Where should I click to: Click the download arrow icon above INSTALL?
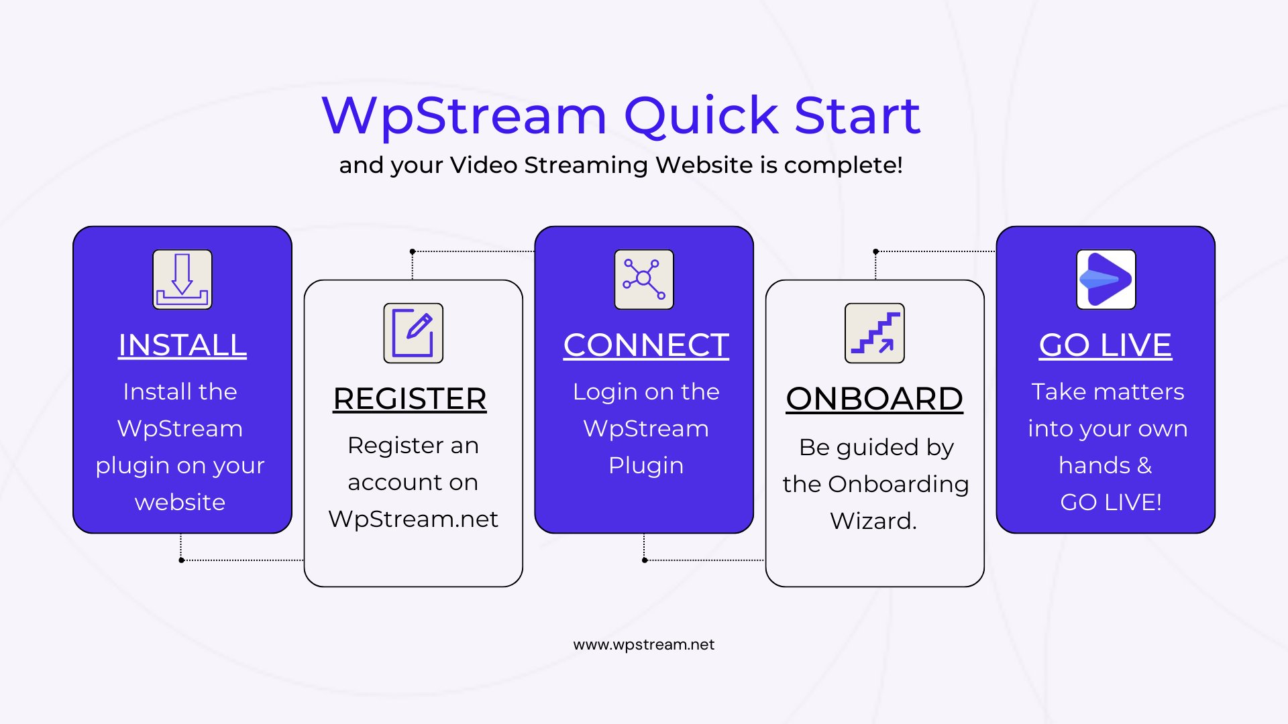[182, 280]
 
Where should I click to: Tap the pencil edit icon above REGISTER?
[413, 333]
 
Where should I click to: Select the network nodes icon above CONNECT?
[644, 280]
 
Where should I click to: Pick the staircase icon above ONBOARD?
[874, 333]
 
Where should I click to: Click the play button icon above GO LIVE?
[1106, 280]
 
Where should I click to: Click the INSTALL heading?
[182, 345]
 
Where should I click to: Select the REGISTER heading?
[410, 399]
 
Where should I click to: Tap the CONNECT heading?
[646, 345]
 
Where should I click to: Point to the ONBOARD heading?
[874, 399]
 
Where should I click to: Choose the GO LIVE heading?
[1106, 345]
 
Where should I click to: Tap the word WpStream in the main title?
[464, 115]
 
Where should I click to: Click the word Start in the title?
[857, 115]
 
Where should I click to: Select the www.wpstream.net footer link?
[644, 645]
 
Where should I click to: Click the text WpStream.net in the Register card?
[413, 519]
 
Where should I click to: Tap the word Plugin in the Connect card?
[646, 466]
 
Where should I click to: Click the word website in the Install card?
[180, 502]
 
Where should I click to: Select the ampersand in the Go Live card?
[1144, 465]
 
